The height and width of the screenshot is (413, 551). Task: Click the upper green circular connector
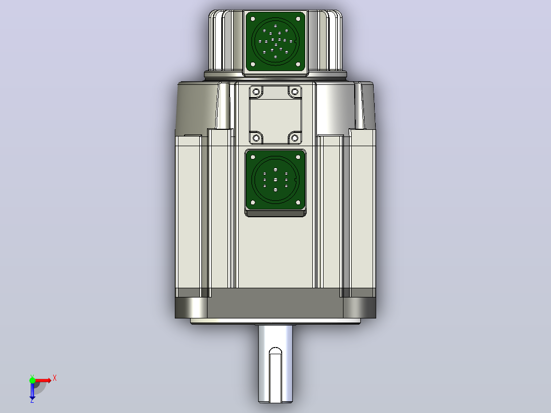click(x=275, y=41)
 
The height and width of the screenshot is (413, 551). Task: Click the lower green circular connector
click(x=275, y=179)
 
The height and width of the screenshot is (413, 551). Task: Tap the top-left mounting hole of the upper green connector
click(x=252, y=19)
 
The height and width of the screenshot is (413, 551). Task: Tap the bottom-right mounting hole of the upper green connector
click(x=299, y=64)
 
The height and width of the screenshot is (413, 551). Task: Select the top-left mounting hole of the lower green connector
click(x=252, y=157)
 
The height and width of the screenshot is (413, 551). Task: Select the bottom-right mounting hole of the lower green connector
click(x=299, y=202)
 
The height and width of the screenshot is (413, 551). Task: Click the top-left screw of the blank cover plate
click(x=256, y=92)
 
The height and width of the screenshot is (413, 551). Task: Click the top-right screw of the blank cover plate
click(x=295, y=92)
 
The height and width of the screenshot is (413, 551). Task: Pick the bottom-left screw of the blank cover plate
click(x=256, y=138)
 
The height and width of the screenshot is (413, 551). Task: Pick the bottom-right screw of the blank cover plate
click(x=295, y=138)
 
